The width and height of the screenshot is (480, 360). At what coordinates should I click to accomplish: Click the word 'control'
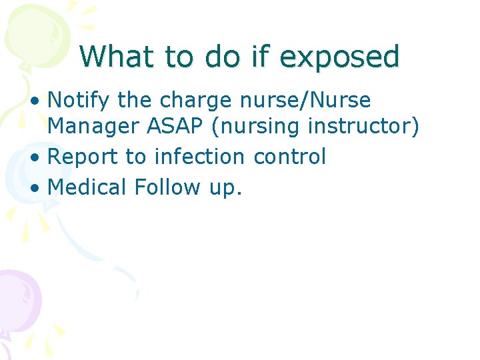[289, 157]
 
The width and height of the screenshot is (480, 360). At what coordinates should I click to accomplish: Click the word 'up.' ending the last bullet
[225, 188]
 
